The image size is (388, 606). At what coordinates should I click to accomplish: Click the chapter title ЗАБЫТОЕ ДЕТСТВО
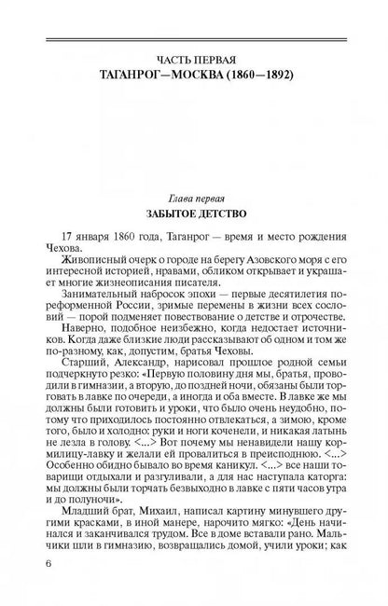click(x=194, y=217)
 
